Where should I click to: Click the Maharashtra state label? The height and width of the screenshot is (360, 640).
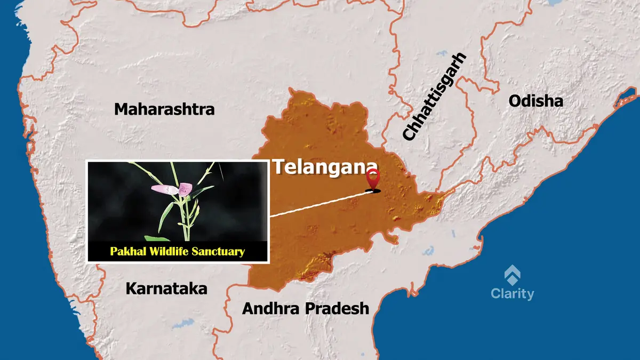coord(164,110)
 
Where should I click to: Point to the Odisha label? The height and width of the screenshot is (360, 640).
coord(535,101)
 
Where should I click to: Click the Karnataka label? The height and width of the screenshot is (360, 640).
coord(166,289)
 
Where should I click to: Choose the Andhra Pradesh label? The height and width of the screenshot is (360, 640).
coord(306,308)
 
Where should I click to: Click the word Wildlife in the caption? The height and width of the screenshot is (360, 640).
coord(170,251)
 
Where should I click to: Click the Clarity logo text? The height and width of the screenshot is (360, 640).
coord(512,293)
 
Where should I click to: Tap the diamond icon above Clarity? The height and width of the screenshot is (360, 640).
coord(513,275)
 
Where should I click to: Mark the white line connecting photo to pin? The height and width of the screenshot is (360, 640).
coord(320,204)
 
